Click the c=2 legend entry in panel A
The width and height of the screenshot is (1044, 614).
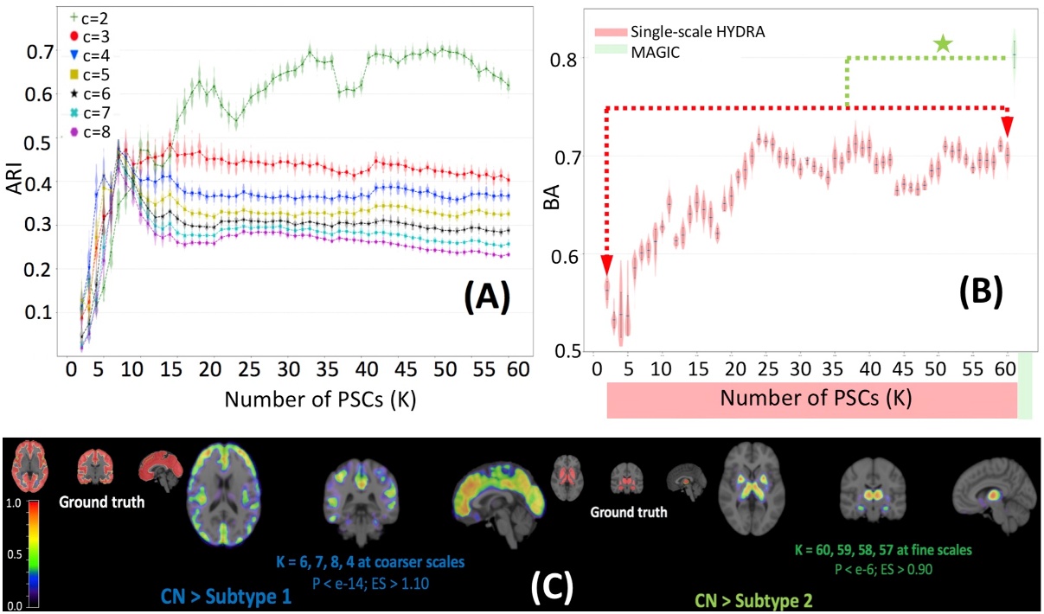point(80,16)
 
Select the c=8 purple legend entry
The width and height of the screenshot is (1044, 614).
point(80,132)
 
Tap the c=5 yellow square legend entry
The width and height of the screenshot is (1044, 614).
point(80,74)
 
